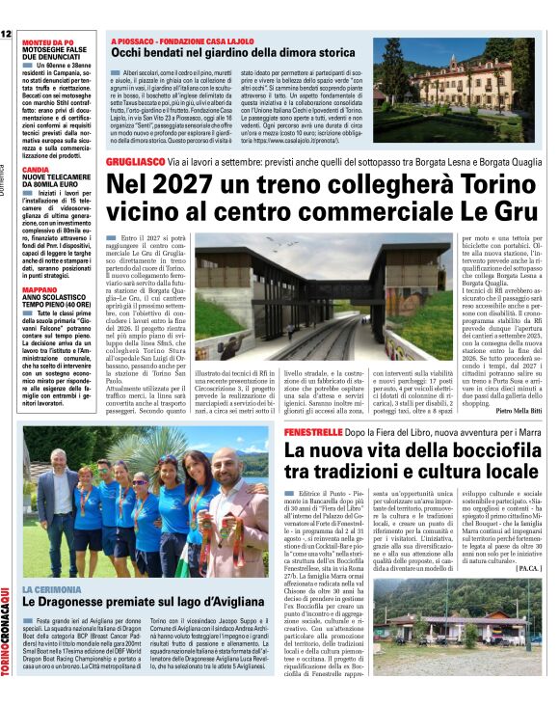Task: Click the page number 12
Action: pyautogui.click(x=7, y=34)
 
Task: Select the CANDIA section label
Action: pyautogui.click(x=36, y=169)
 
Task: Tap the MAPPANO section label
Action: pyautogui.click(x=40, y=261)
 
